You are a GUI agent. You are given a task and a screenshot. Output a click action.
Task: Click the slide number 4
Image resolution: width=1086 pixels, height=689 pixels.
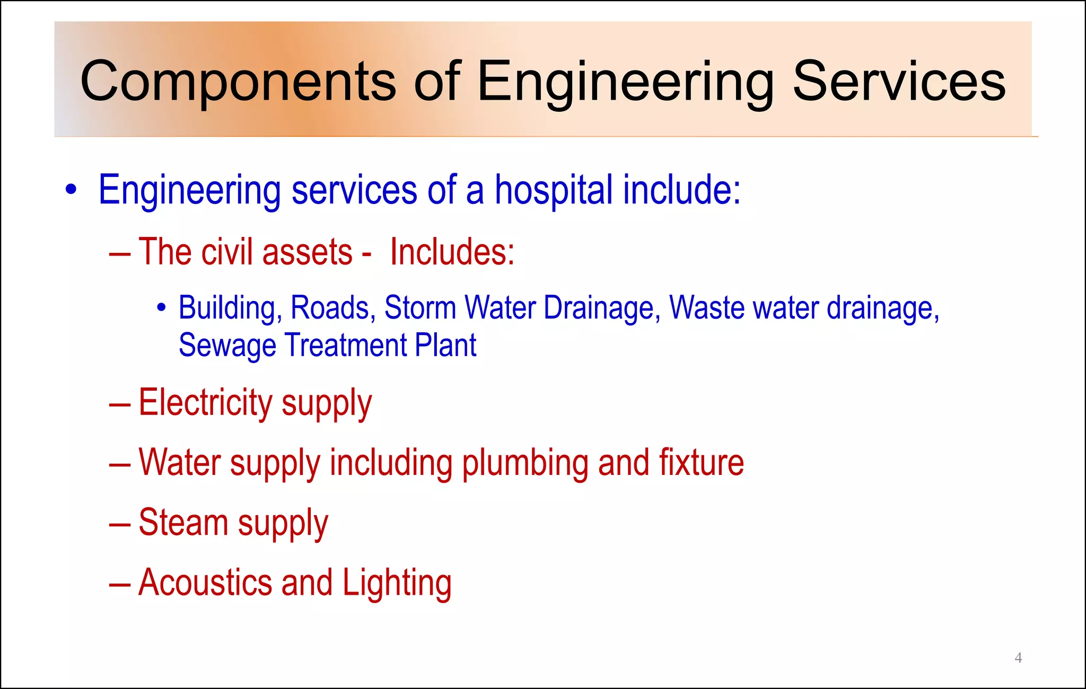(x=1018, y=658)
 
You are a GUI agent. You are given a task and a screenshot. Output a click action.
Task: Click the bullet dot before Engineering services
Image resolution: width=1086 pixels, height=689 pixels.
(x=71, y=190)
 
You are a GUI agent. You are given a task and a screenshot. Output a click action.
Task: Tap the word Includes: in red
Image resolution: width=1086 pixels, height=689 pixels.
(x=452, y=252)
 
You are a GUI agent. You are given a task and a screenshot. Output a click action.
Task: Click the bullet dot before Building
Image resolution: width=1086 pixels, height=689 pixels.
(x=162, y=307)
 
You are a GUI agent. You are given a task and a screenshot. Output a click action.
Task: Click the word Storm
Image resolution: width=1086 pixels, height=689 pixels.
(x=419, y=308)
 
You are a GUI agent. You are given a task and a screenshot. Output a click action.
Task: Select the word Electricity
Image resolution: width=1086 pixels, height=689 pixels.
(x=205, y=403)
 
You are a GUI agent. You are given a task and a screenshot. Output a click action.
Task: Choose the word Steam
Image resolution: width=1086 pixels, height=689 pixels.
(x=183, y=523)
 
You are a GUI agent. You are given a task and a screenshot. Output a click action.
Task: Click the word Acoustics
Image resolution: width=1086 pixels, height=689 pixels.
(x=205, y=582)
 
